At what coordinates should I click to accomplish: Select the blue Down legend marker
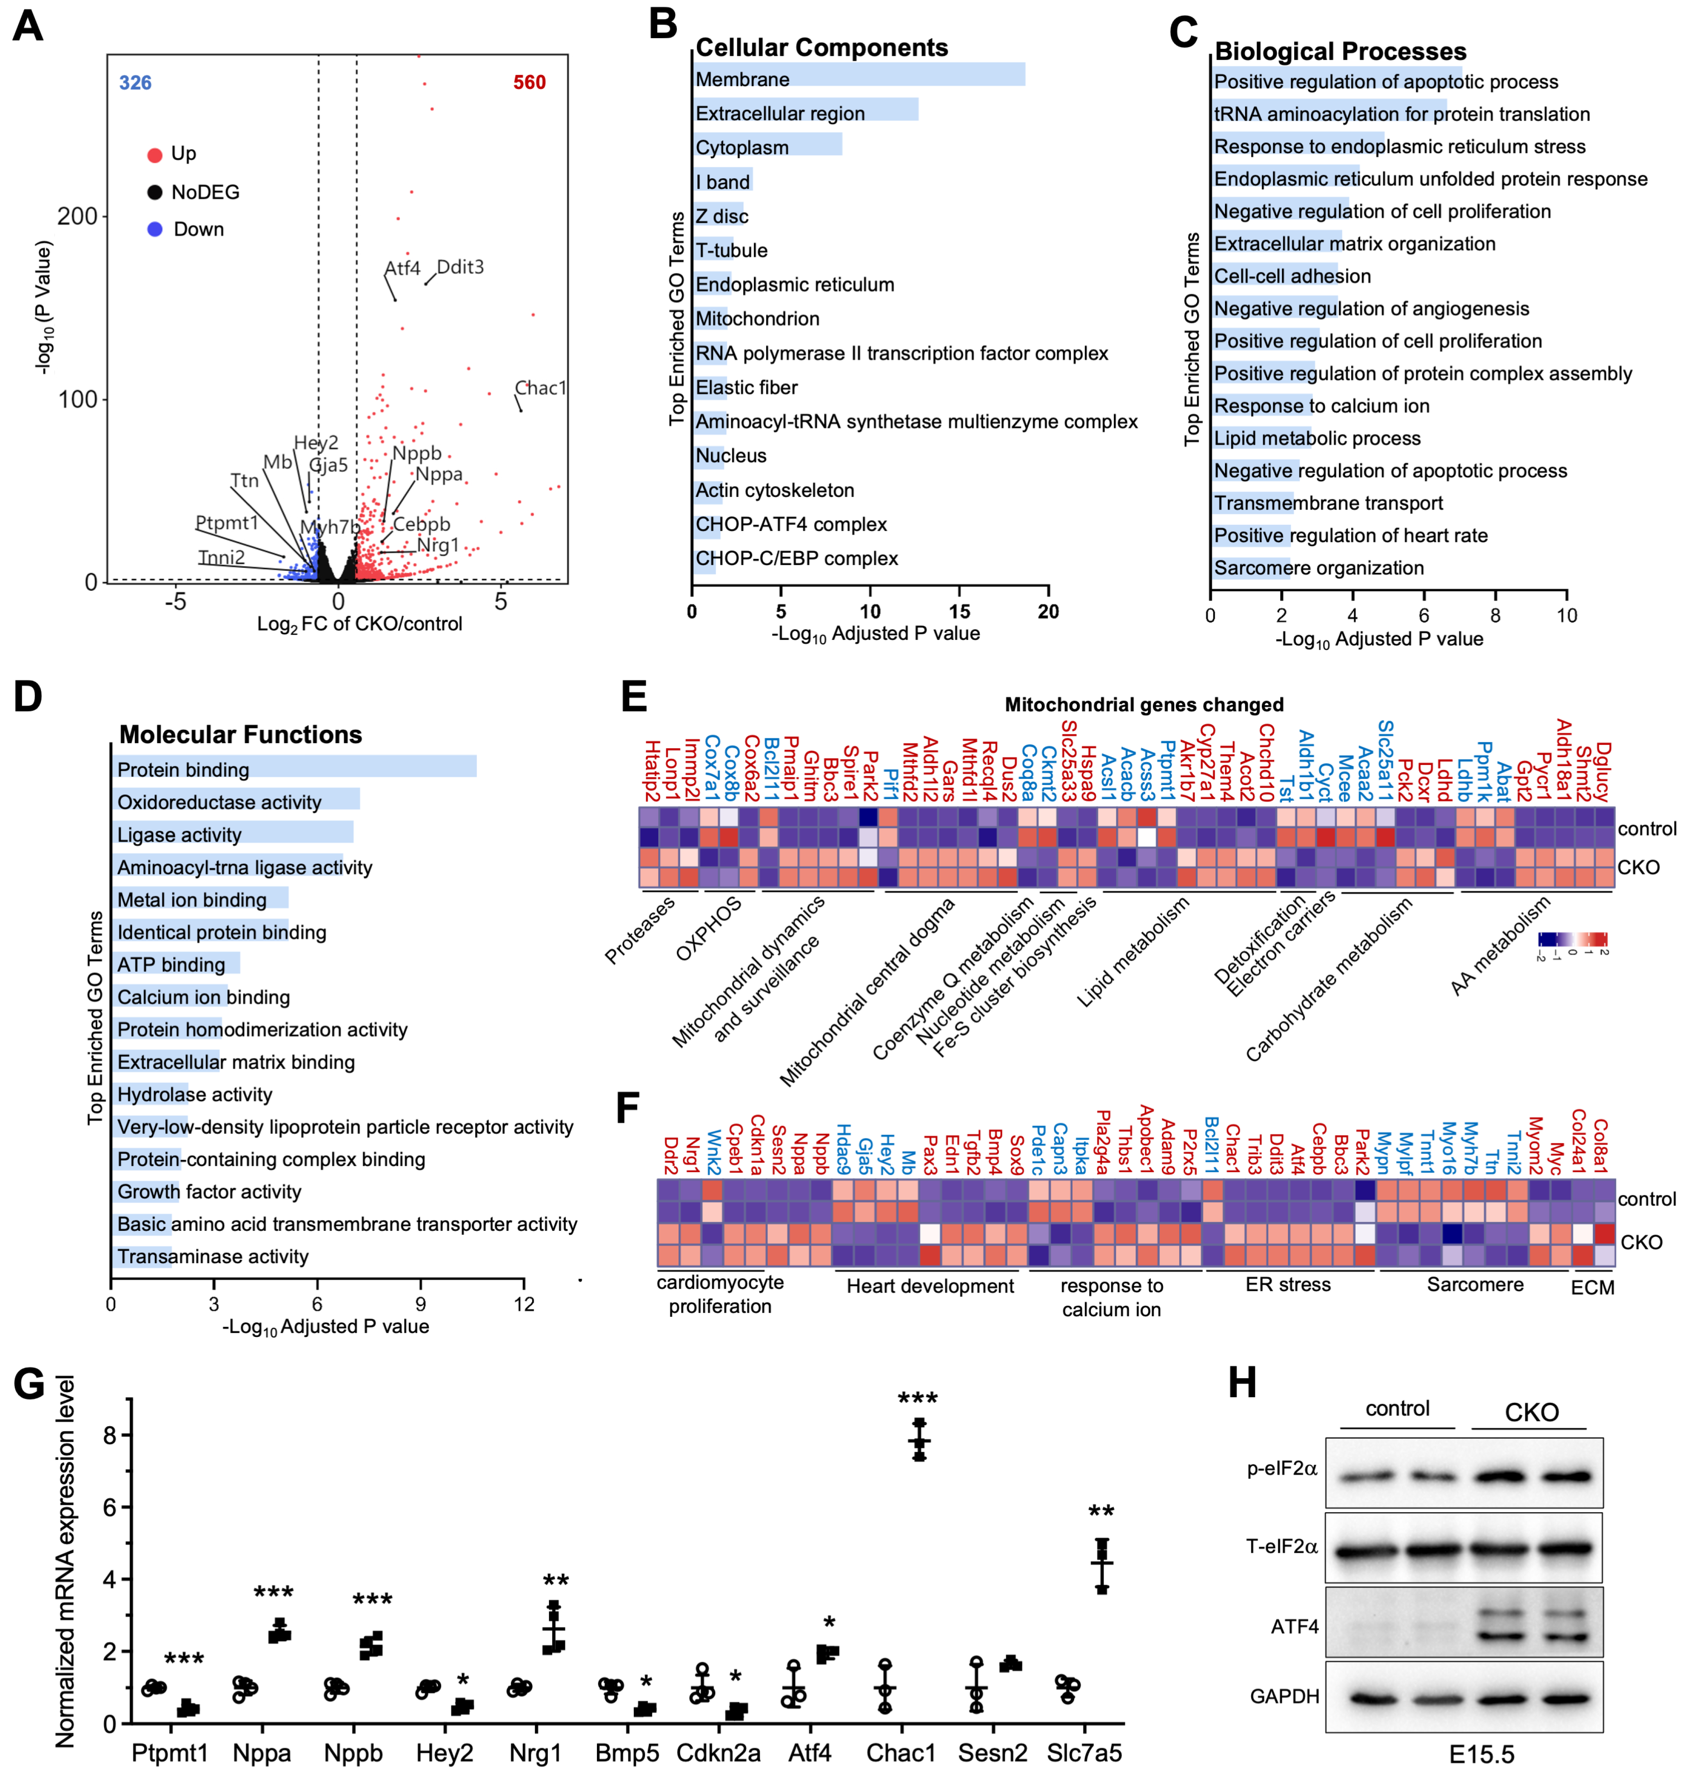point(154,229)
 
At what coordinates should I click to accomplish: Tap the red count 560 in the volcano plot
point(529,83)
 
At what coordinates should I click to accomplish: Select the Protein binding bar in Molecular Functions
point(295,767)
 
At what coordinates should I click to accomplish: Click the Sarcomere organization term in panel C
point(1318,568)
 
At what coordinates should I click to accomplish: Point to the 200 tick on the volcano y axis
point(77,216)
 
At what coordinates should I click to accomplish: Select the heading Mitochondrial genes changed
point(1143,704)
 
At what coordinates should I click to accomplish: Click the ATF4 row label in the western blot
point(1294,1626)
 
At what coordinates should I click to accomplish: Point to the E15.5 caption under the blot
point(1481,1754)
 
